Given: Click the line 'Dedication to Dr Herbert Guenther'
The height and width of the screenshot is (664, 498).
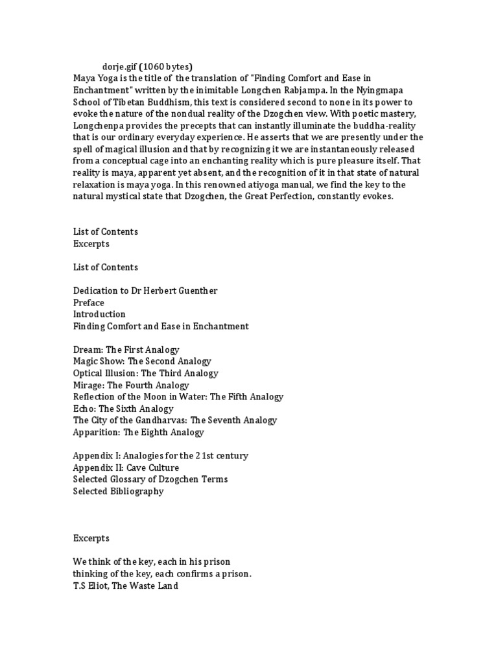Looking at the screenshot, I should pos(145,290).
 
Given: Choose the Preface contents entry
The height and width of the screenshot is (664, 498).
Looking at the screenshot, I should pos(89,302).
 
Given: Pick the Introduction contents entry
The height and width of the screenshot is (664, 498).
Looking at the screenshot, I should pos(99,314).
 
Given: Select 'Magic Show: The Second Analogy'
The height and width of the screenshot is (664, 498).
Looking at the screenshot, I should pos(141,361).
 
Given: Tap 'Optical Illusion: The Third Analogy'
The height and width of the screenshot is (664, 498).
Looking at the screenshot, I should pos(145,373).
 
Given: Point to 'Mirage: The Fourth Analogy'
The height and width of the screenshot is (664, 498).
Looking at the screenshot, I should pos(131,385).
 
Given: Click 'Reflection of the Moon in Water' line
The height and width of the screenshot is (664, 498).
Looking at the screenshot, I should pos(178,396).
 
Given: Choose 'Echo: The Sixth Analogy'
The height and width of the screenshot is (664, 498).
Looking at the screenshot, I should pos(123,409).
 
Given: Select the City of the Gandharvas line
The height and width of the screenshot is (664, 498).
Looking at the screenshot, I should pos(174,420).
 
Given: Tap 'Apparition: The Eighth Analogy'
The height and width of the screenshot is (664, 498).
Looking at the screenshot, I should pos(138,432).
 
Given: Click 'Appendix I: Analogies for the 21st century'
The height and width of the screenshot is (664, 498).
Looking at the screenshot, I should pos(160,456).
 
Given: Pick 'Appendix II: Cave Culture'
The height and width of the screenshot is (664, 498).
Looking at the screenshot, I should pos(126,468).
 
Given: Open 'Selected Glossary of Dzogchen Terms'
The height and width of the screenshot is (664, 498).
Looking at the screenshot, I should pos(150,479).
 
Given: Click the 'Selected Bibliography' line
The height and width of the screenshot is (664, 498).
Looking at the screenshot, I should pos(118,491).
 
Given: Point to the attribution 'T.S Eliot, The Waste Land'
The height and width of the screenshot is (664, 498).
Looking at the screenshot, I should pos(125,586).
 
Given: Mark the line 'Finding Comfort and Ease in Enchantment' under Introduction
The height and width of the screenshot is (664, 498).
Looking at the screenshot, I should pos(160,326).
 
